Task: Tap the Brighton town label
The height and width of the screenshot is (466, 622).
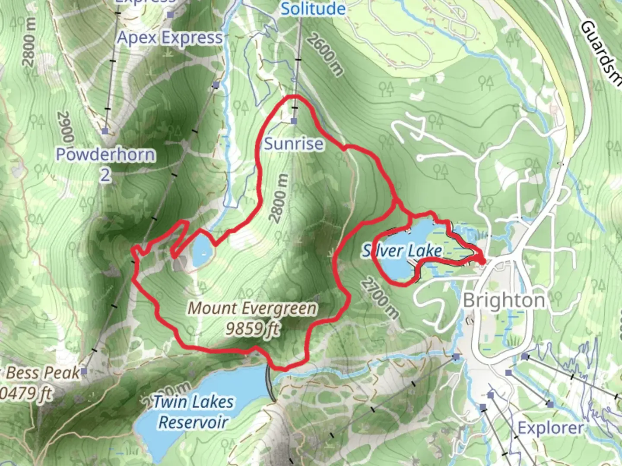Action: click(x=504, y=301)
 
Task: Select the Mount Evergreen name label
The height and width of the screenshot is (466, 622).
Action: click(x=252, y=309)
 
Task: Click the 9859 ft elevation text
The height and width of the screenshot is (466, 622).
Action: click(x=252, y=329)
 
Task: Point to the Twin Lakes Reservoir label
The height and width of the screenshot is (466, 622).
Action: click(x=193, y=412)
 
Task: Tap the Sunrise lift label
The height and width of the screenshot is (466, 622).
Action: click(x=293, y=144)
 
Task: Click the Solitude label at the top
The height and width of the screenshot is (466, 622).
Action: click(x=313, y=9)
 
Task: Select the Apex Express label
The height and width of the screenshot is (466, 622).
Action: click(x=170, y=38)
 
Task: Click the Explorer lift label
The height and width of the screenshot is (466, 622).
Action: click(x=550, y=428)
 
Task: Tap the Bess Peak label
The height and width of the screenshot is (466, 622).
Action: click(x=43, y=373)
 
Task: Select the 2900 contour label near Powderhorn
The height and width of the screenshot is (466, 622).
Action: click(x=65, y=127)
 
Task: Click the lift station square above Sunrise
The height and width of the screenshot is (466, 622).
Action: click(x=294, y=121)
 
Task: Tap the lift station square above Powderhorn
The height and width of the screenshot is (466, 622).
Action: click(x=105, y=131)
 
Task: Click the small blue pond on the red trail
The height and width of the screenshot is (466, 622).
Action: click(x=202, y=251)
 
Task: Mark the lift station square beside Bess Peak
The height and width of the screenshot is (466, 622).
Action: click(x=84, y=371)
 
